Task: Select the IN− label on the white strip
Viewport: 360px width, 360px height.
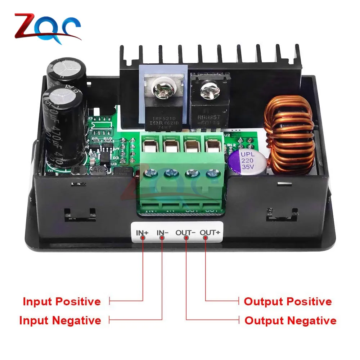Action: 162,233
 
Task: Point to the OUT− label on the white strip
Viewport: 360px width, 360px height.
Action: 185,233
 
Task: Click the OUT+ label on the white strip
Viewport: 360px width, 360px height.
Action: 210,233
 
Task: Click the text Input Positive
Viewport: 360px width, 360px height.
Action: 62,301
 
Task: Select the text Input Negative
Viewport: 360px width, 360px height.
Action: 60,320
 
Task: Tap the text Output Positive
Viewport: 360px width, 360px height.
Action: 288,301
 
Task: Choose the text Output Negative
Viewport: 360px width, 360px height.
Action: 291,320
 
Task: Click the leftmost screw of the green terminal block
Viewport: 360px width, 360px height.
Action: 149,174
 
